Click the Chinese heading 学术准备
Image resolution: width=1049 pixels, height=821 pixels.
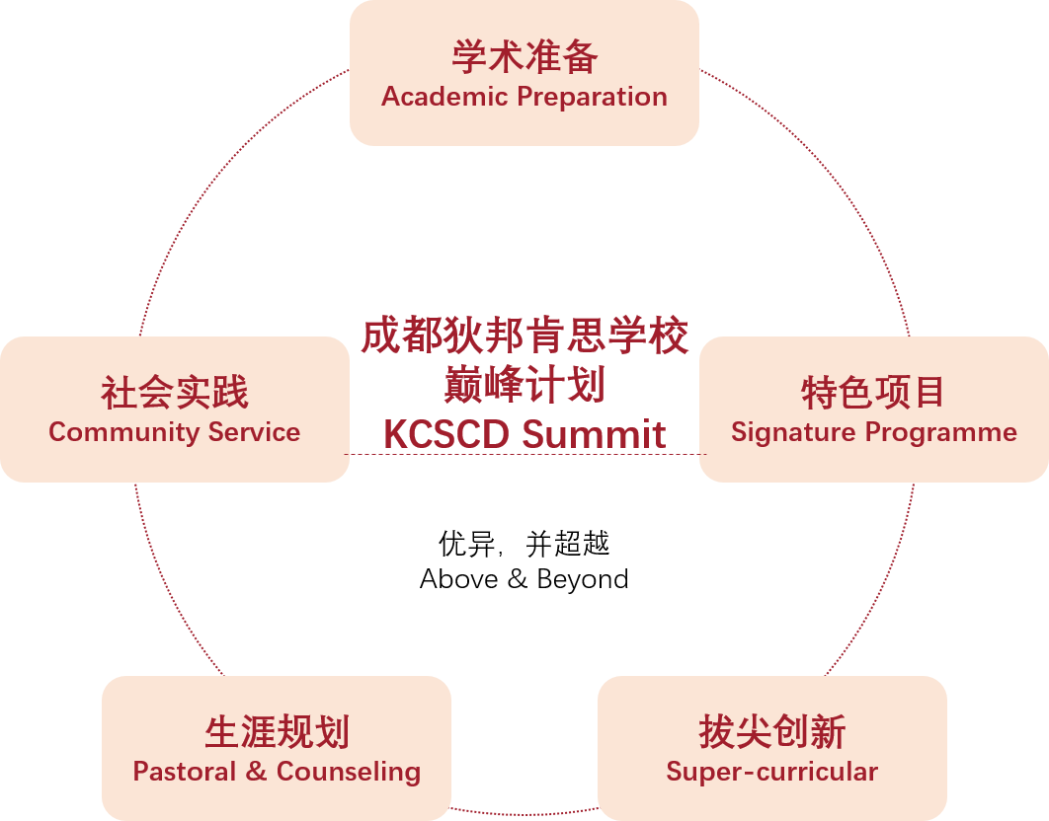(524, 57)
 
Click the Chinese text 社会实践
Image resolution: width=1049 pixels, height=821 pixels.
(175, 393)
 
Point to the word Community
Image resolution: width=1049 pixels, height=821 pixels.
(123, 433)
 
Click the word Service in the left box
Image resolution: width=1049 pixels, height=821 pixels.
(254, 432)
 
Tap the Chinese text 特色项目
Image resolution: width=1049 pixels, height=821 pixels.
(873, 393)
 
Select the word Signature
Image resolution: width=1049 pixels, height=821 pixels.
(793, 433)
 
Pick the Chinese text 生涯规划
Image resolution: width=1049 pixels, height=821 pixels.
(277, 731)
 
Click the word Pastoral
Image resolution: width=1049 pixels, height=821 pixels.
(185, 772)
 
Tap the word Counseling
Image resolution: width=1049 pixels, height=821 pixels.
(349, 773)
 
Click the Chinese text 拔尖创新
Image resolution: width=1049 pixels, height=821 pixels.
(772, 731)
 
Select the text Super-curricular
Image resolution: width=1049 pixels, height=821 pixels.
(772, 773)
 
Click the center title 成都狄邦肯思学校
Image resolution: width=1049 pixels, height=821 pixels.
(524, 335)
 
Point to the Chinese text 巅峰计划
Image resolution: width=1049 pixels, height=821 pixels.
(524, 385)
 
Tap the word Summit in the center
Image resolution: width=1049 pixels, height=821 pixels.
(594, 434)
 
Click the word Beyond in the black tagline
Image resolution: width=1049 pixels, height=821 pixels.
(583, 579)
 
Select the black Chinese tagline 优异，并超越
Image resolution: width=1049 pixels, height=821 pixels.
(524, 544)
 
